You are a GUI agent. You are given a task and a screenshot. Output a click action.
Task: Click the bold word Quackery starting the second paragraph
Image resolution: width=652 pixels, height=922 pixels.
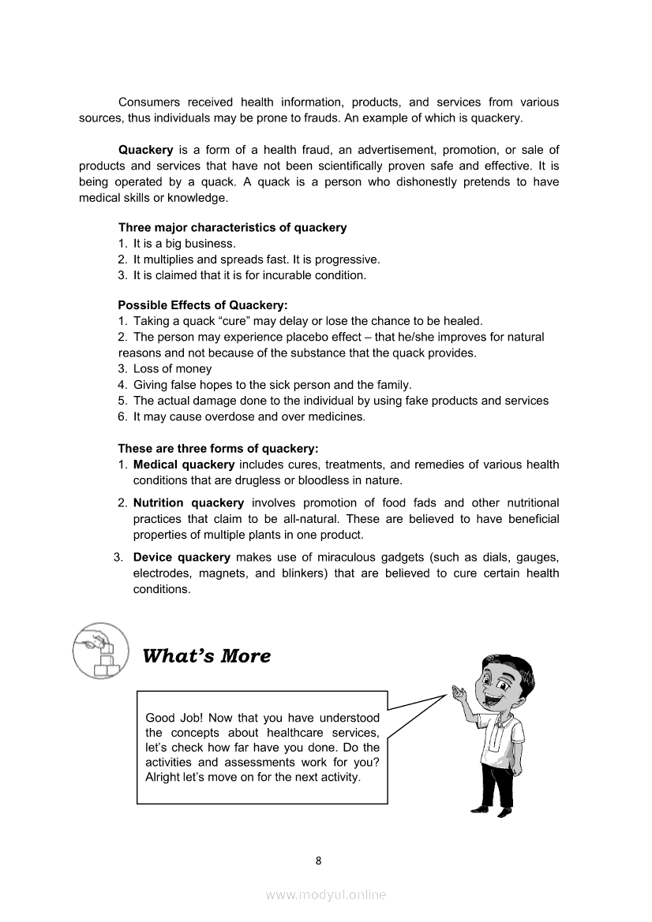(x=145, y=150)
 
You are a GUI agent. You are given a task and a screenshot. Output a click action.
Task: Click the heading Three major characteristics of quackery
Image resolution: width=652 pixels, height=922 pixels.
(x=232, y=228)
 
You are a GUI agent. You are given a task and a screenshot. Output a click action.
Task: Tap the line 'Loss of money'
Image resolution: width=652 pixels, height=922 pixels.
(x=172, y=369)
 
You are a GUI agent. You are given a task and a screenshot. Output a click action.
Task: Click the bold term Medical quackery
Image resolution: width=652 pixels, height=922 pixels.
(x=184, y=465)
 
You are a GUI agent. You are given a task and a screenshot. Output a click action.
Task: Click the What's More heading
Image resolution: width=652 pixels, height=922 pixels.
(x=206, y=656)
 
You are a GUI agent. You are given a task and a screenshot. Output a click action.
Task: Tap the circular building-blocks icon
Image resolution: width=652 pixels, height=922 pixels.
(x=100, y=651)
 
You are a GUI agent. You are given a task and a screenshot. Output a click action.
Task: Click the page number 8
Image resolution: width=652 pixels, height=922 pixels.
(x=318, y=860)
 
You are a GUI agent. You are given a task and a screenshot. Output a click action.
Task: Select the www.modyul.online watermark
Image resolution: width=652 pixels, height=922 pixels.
(x=325, y=895)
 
